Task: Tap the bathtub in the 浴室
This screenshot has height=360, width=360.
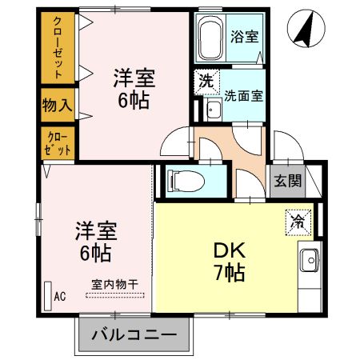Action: (x=211, y=39)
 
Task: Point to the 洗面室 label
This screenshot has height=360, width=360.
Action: (x=244, y=93)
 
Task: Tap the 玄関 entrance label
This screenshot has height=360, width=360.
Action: (x=289, y=180)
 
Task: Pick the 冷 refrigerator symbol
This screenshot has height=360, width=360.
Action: (x=297, y=216)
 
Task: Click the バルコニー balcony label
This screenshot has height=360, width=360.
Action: (x=134, y=334)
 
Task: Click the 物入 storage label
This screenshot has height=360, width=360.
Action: (x=58, y=104)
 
